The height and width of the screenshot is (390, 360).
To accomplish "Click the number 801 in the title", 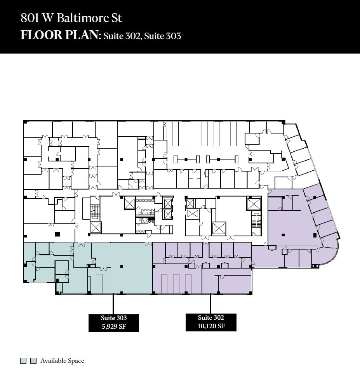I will coord(29,18).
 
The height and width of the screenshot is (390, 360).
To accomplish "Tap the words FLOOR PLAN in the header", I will coord(60,35).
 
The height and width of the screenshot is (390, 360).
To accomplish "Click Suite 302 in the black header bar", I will coord(122,36).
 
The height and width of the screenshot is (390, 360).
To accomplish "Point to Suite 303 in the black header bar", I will coord(163,36).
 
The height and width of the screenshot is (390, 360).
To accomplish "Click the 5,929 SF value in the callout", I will coord(114,326).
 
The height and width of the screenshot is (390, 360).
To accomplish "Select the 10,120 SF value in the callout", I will coord(211,326).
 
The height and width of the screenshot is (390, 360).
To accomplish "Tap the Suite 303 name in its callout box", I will coord(114,318).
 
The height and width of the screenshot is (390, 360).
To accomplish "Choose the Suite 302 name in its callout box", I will coord(211,317).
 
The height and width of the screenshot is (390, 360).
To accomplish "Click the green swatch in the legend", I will coord(24,361).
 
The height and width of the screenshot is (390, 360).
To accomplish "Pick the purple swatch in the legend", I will coord(33,361).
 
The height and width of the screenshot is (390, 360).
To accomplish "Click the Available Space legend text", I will coord(62,361).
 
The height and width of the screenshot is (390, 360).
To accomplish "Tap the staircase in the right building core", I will coord(255,220).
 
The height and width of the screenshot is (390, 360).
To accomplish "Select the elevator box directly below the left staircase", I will coord(96,227).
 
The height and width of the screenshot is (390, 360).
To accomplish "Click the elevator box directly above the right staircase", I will coord(254,204).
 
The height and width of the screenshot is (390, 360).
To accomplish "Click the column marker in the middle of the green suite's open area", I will coord(122,266).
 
